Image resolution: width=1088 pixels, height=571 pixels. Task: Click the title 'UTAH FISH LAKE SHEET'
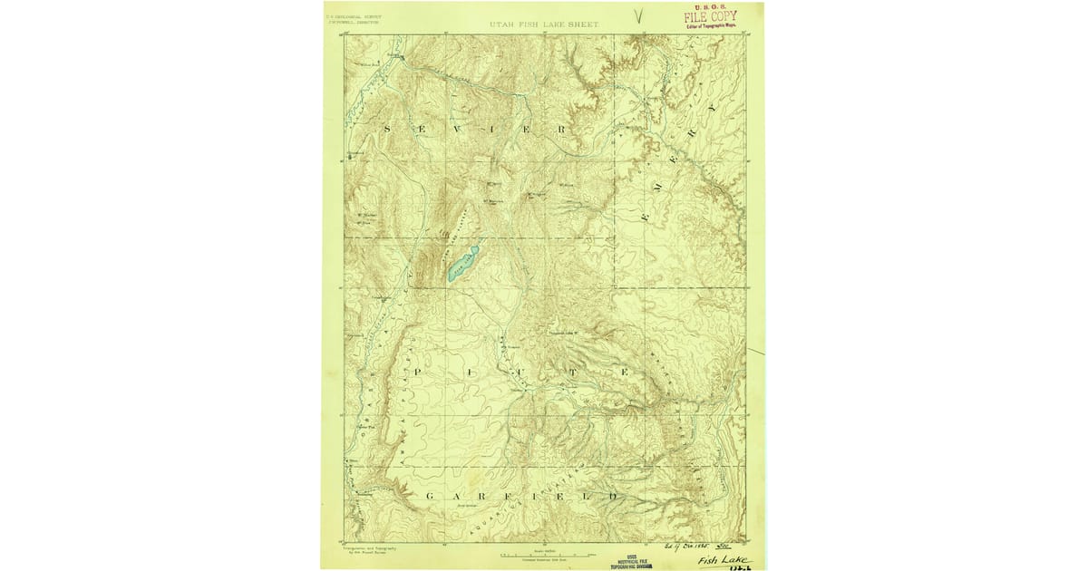(x=544, y=24)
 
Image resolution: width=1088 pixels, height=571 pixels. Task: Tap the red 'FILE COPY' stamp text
(x=711, y=16)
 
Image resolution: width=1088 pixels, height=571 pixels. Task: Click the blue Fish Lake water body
(x=461, y=262)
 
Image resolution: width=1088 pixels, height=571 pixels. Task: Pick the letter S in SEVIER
(x=389, y=129)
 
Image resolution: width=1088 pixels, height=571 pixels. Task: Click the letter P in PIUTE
(x=418, y=373)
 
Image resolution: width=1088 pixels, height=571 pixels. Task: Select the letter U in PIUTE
(x=521, y=373)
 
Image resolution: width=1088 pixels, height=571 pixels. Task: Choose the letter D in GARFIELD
(x=614, y=496)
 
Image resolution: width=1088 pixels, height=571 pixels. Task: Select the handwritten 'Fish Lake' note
(x=724, y=560)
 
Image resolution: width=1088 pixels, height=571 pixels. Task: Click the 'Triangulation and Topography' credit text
(x=366, y=548)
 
